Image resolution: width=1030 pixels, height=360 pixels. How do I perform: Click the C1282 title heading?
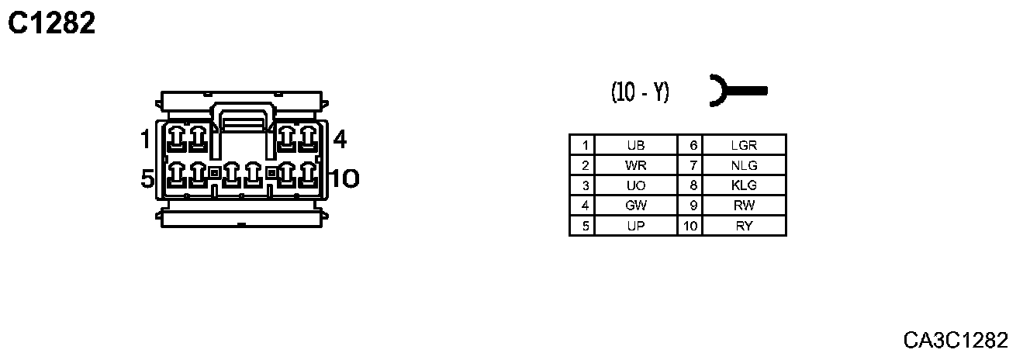51,24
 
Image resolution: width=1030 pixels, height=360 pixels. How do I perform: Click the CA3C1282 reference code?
956,340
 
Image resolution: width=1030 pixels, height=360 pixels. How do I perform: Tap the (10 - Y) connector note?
640,92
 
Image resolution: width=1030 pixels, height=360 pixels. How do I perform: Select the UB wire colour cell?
635,145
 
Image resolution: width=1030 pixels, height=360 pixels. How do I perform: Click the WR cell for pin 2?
635,165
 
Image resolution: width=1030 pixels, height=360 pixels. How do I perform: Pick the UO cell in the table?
635,185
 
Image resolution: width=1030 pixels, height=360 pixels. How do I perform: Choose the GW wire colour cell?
635,206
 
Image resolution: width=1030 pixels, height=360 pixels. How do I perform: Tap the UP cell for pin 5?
635,226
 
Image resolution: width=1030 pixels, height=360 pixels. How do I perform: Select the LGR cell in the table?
744,145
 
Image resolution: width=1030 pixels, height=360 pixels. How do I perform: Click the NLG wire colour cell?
744,165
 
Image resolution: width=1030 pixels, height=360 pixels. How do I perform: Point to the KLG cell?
744,185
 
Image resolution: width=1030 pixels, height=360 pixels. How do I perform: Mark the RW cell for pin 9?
744,206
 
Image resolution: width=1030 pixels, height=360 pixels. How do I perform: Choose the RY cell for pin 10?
744,226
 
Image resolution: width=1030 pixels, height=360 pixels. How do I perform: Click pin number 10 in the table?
690,226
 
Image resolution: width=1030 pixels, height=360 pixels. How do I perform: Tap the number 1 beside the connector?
145,140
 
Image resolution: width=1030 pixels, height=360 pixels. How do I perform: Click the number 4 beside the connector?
339,140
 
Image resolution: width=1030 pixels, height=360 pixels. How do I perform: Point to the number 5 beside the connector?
147,179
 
